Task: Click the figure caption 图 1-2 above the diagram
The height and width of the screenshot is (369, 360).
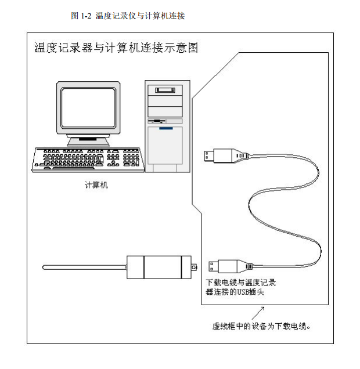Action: (x=128, y=16)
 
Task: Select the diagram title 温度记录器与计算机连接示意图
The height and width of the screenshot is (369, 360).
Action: (x=116, y=48)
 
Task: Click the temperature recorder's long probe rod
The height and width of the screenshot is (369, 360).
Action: (x=85, y=267)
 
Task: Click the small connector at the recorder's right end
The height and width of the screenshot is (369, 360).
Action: (x=195, y=267)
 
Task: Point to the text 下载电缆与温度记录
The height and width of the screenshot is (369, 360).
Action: (x=241, y=283)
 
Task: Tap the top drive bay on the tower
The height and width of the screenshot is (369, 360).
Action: (x=167, y=91)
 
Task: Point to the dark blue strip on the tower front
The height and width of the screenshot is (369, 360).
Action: (x=168, y=128)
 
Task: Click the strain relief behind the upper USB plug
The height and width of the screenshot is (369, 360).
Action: (x=240, y=155)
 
